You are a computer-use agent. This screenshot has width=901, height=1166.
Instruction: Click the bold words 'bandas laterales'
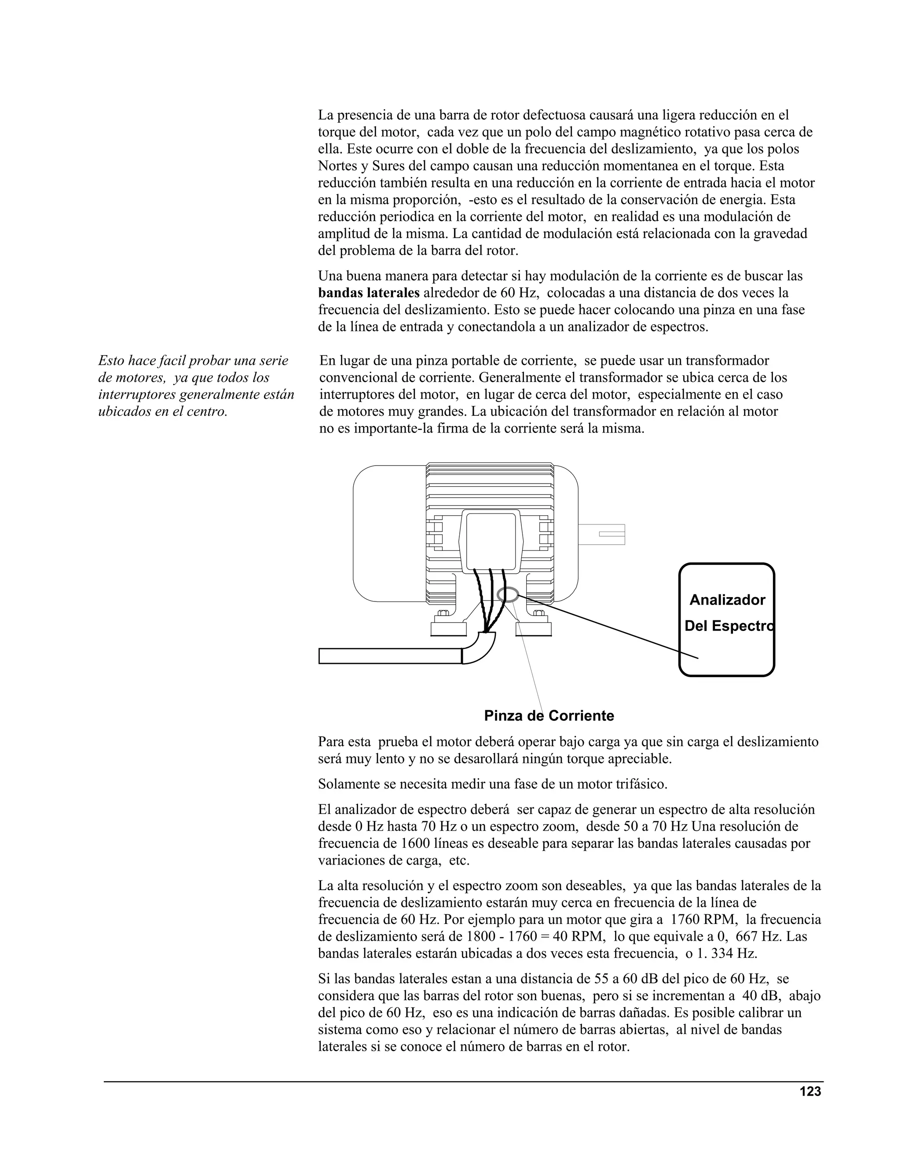point(368,293)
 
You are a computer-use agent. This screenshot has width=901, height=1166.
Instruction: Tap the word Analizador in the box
point(727,600)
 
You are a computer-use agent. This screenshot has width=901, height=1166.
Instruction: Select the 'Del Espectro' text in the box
point(729,626)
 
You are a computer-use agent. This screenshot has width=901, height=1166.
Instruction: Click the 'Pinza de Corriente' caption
point(549,716)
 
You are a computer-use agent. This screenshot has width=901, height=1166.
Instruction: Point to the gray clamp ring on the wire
point(507,594)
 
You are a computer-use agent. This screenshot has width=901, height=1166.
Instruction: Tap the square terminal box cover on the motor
point(491,540)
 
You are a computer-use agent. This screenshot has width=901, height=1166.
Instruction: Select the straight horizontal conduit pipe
point(390,656)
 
